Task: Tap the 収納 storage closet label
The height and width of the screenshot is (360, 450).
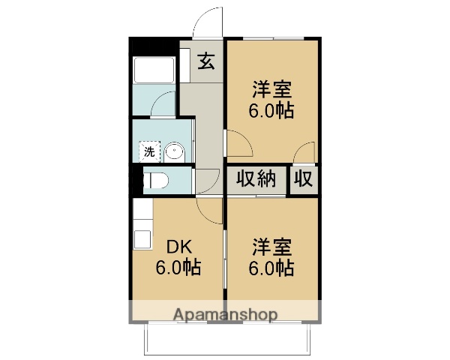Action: (x=256, y=179)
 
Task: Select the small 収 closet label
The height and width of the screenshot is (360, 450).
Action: (x=304, y=179)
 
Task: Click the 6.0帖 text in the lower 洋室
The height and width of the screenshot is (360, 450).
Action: (x=272, y=268)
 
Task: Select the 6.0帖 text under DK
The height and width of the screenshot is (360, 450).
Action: (x=178, y=268)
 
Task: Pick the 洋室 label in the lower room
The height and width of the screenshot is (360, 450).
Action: (x=272, y=245)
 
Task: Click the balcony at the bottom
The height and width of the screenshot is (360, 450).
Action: (x=225, y=339)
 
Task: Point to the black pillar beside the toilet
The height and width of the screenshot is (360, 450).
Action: (x=135, y=180)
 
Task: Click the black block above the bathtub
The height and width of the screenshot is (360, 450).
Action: (x=154, y=46)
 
